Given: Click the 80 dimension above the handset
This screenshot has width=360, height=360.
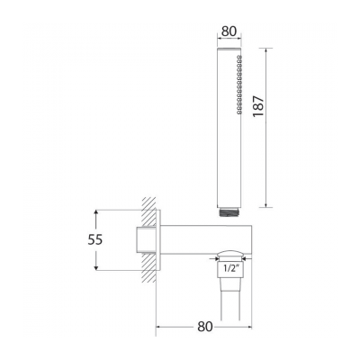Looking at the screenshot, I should pos(229,30).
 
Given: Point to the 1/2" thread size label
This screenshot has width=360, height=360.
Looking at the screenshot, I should pos(229,268).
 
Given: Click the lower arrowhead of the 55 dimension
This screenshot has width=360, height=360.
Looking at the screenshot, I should pos(96,266).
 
